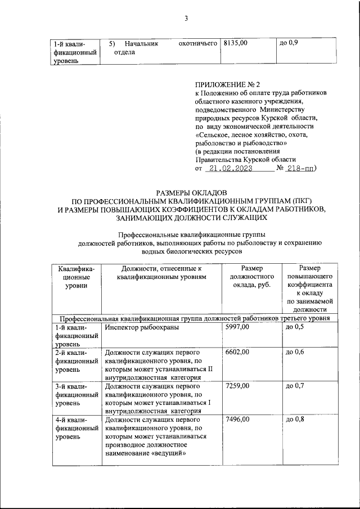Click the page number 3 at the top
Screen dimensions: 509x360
tap(186, 19)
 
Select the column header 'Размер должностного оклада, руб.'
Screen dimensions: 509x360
tap(252, 277)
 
